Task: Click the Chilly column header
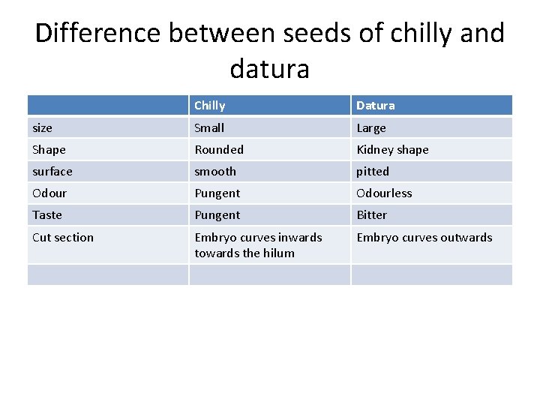pos(210,106)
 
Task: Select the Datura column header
pos(376,106)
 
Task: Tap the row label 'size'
pos(43,128)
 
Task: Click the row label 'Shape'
pos(49,150)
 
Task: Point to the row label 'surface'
pos(52,172)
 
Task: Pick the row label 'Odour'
pos(49,193)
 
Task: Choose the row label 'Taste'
pos(47,215)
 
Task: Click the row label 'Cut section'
pos(63,238)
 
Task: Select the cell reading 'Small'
pos(209,128)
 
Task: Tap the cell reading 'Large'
pos(371,128)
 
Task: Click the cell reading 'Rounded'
pos(219,150)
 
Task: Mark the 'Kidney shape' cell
pos(392,150)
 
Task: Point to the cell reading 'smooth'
pos(215,172)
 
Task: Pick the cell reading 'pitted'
pos(373,172)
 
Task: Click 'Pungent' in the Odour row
pos(217,193)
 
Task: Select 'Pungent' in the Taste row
pos(217,215)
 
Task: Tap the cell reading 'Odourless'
pos(384,193)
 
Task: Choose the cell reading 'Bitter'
pos(372,215)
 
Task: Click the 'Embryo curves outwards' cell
pos(424,238)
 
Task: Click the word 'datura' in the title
pos(269,69)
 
